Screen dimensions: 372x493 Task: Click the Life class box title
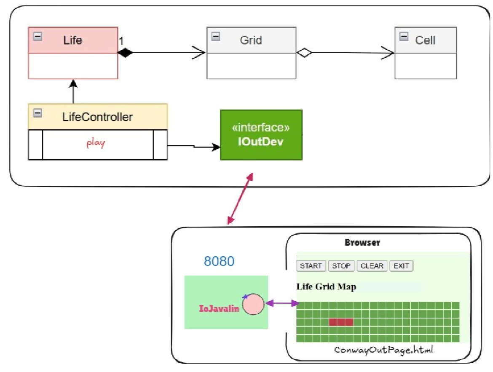click(72, 40)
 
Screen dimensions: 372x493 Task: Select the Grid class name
click(251, 40)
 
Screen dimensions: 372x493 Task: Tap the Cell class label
click(425, 40)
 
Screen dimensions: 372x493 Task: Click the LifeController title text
click(97, 117)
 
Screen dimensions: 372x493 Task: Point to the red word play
click(96, 143)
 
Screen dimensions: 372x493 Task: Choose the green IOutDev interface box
click(261, 135)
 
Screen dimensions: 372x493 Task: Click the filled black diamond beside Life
click(125, 53)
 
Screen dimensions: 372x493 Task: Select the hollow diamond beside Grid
click(304, 53)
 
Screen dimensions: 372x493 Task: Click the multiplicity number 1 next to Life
click(121, 41)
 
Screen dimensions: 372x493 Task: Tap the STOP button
click(341, 266)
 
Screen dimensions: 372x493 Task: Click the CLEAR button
click(372, 266)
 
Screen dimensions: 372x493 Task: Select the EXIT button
click(401, 266)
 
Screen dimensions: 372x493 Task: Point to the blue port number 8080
click(219, 262)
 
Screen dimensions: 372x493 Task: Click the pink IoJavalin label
click(219, 309)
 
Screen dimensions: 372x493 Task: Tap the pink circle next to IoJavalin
click(253, 304)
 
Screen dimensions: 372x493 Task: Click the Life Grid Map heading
click(326, 287)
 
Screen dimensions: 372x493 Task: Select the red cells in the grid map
click(341, 322)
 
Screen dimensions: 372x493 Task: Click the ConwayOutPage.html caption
click(383, 350)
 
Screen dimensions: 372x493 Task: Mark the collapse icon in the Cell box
click(404, 36)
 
